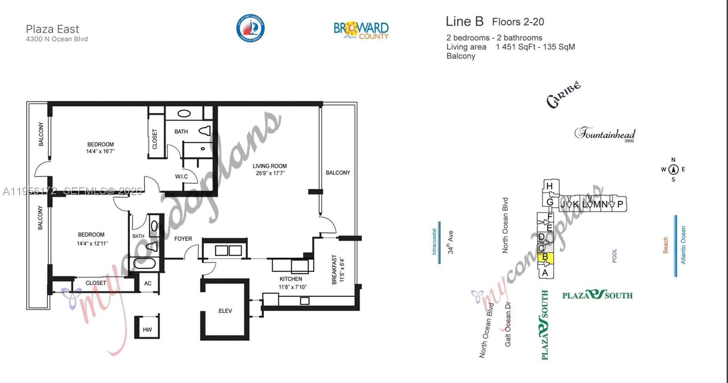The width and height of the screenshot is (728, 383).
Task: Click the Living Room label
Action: point(270,166)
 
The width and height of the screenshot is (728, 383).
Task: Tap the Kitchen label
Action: point(291,279)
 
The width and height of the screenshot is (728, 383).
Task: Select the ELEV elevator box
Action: point(225,311)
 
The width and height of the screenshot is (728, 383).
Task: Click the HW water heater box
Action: point(147,329)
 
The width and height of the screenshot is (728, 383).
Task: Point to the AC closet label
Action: point(148,283)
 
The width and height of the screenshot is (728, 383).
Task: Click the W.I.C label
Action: point(181,176)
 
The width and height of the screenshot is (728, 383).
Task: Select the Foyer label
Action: point(183,238)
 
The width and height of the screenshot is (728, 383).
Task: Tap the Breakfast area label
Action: point(335,269)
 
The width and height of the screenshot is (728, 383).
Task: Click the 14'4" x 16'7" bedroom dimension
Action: point(101,151)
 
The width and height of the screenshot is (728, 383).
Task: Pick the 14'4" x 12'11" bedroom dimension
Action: point(92,243)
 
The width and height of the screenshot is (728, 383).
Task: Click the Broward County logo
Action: point(361,30)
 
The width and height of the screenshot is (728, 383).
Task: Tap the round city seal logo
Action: point(250,28)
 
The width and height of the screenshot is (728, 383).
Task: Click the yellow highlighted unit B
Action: point(545,257)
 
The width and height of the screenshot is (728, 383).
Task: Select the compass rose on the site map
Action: point(673,170)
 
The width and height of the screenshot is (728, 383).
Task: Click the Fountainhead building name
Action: point(605,134)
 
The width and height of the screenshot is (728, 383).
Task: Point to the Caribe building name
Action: point(563,95)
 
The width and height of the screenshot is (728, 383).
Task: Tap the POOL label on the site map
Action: point(615,256)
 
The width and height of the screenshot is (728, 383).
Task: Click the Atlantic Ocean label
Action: point(683,245)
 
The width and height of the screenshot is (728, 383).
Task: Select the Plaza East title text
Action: point(52,29)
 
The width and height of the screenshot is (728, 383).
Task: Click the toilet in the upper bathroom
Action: point(205,131)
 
